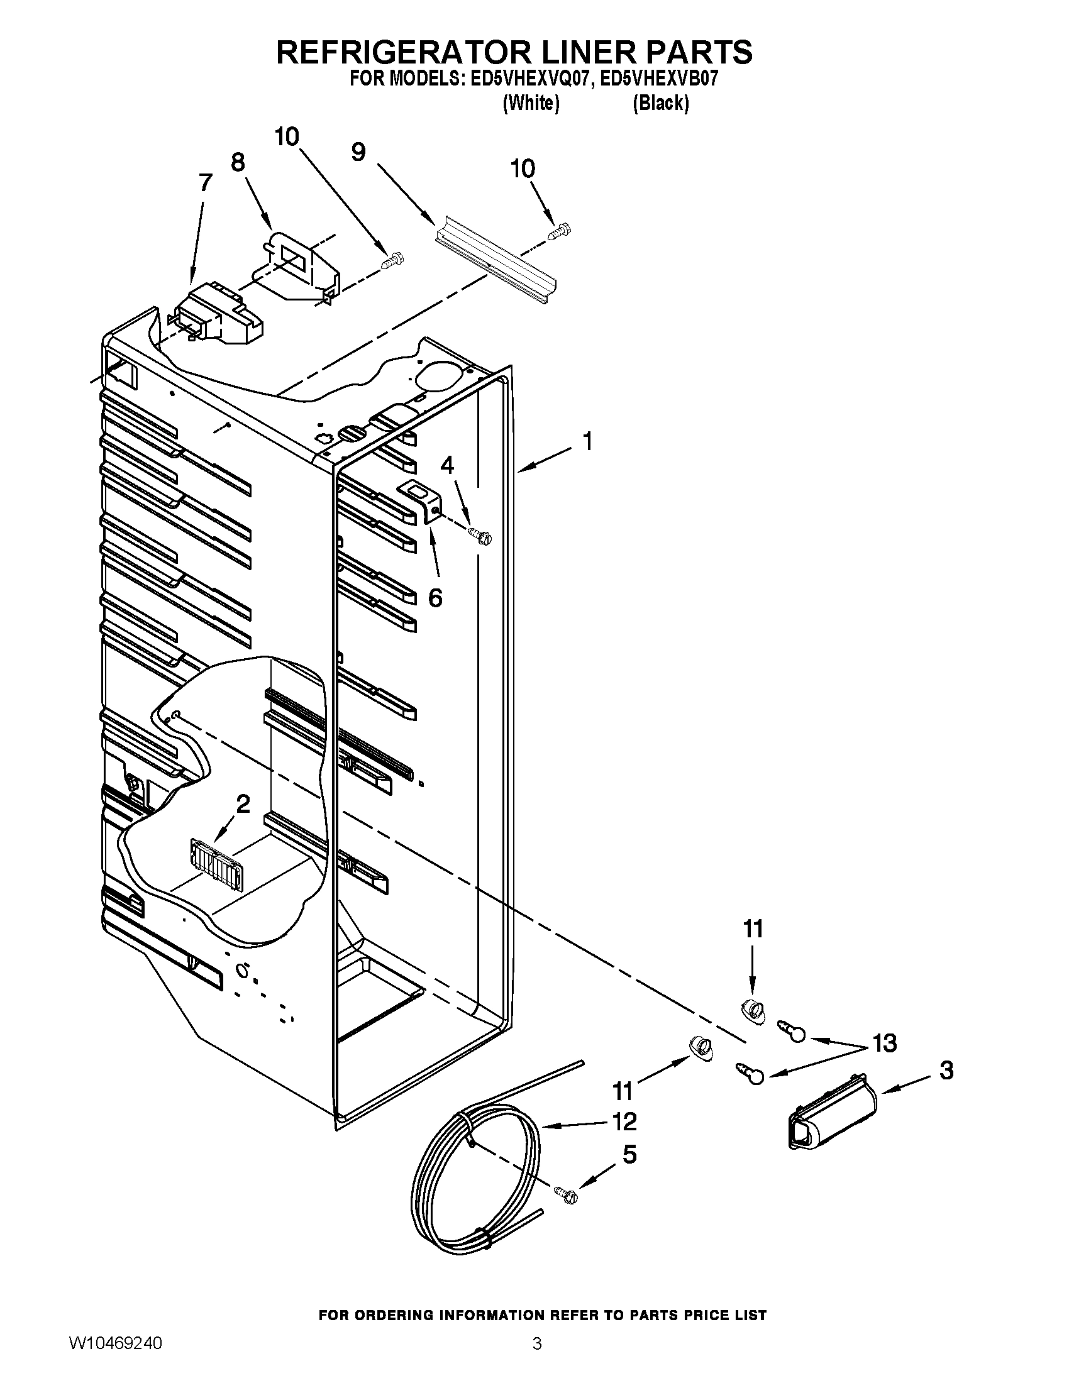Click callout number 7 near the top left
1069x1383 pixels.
pyautogui.click(x=205, y=183)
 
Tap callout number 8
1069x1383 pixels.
pyautogui.click(x=238, y=163)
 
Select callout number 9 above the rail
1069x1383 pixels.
pyautogui.click(x=358, y=152)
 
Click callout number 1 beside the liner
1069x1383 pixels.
pyautogui.click(x=588, y=441)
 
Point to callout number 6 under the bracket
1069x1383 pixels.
pyautogui.click(x=435, y=597)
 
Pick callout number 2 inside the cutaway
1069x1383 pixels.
pyautogui.click(x=243, y=805)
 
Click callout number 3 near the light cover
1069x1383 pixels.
pyautogui.click(x=946, y=1070)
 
